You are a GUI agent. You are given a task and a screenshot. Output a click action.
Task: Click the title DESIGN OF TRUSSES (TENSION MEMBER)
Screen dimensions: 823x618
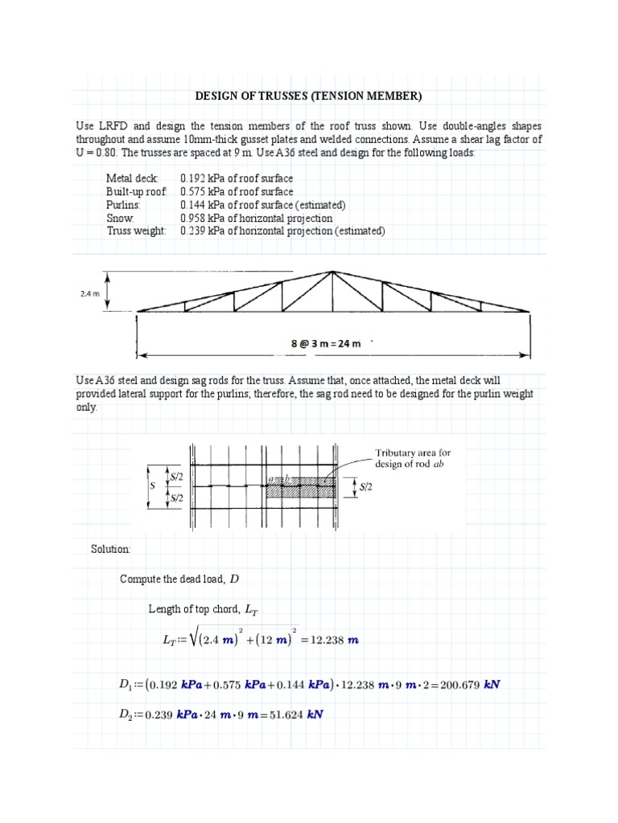(309, 96)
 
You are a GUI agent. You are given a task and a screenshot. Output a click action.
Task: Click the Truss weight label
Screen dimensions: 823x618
(136, 231)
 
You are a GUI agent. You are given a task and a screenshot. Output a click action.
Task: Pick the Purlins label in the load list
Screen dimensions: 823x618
(123, 205)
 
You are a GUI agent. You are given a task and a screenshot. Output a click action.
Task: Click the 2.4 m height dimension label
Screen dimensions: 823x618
(90, 293)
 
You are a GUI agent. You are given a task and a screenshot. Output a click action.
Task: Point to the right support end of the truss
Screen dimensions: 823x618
(529, 311)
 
